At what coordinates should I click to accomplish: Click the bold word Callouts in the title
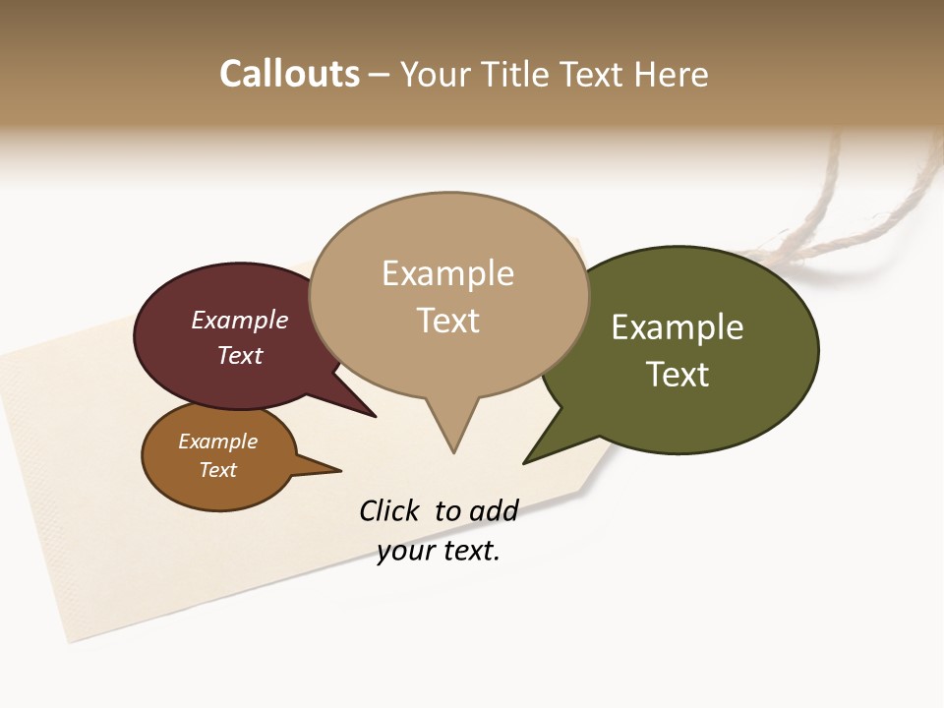(x=289, y=74)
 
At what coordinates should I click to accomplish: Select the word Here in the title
(x=671, y=74)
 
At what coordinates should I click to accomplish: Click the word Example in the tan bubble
(x=447, y=273)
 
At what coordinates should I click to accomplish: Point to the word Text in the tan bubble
(x=447, y=321)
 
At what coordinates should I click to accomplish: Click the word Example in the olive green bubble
(x=678, y=327)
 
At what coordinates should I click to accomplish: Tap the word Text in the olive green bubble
(x=678, y=375)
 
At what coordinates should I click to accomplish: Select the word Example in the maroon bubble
(x=239, y=320)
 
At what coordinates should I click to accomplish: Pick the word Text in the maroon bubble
(x=239, y=355)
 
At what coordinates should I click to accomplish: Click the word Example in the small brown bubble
(x=217, y=442)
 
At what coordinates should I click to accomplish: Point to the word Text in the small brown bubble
(x=217, y=470)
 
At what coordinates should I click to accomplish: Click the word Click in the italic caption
(x=388, y=511)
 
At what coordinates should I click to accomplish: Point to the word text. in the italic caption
(x=468, y=552)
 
